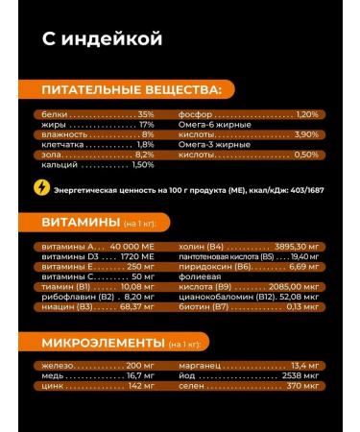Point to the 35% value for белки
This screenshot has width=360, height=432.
coord(146,114)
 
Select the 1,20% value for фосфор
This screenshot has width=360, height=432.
coord(306,114)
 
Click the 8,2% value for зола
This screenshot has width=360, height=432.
coord(145,155)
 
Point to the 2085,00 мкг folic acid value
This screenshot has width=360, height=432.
coord(289,286)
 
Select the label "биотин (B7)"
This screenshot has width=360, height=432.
coord(204,307)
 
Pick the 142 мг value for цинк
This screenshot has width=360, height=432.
coord(141,386)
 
